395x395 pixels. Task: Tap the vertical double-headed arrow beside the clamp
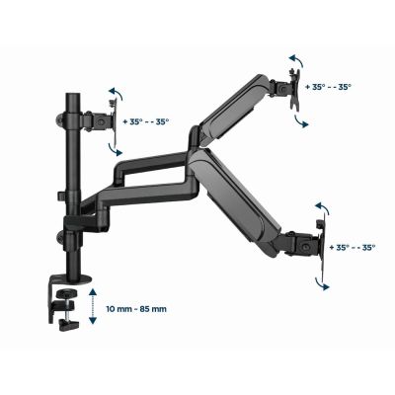click(92, 308)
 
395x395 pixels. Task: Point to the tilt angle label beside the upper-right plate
click(331, 86)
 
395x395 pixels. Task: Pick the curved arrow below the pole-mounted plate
click(117, 147)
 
